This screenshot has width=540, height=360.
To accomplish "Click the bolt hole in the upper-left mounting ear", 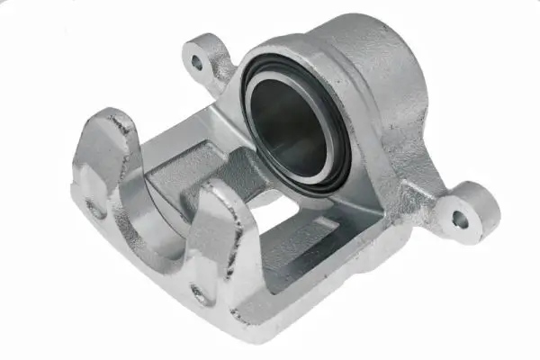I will (x=197, y=63).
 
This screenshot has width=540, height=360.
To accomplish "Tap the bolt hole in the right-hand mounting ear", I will (x=461, y=218).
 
